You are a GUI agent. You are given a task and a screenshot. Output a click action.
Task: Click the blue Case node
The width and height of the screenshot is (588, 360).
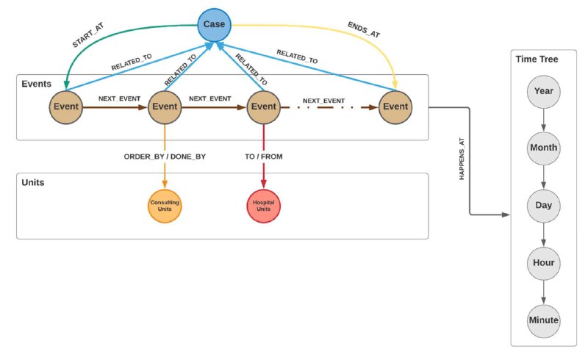click(x=214, y=25)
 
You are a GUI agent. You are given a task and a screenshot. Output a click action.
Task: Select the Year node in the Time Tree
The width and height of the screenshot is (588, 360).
click(x=543, y=92)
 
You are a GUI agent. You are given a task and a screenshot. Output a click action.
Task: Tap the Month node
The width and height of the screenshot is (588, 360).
click(x=543, y=148)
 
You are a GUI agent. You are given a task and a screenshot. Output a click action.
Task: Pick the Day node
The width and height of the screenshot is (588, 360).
click(x=543, y=206)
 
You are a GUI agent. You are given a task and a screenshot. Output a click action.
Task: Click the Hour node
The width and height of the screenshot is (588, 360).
click(x=543, y=263)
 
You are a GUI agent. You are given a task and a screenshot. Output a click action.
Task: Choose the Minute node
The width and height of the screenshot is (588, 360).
click(x=543, y=320)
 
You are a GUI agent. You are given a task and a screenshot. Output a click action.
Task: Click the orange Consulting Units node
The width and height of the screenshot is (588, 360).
click(x=165, y=206)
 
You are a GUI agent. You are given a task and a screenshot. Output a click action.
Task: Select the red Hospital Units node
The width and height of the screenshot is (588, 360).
click(x=264, y=206)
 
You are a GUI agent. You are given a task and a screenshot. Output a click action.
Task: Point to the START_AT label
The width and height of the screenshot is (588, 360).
click(x=88, y=35)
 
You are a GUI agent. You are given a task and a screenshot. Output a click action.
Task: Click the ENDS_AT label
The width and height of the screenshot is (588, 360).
click(x=364, y=29)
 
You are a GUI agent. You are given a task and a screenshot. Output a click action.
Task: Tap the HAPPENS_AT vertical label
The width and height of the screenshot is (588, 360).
click(x=462, y=159)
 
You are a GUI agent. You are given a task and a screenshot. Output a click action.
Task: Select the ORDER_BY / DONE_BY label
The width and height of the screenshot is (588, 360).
click(x=165, y=156)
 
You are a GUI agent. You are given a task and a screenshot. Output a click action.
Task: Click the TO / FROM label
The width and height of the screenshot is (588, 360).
click(x=264, y=156)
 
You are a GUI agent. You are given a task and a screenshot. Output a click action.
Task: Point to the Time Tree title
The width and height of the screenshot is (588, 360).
click(x=537, y=60)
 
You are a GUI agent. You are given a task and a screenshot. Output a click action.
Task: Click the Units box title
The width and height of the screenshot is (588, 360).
click(x=33, y=183)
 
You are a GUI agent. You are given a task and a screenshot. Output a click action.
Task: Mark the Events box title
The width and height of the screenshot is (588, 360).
click(x=36, y=84)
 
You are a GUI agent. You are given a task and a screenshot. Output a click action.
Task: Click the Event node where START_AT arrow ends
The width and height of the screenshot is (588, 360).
click(x=66, y=107)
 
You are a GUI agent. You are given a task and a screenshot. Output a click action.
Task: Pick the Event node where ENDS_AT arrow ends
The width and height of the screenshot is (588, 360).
click(x=395, y=107)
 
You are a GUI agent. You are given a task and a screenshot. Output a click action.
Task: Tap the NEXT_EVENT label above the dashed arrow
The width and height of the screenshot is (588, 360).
click(x=323, y=101)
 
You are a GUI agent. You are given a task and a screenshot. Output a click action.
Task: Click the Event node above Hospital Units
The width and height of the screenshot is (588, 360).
click(x=264, y=107)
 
